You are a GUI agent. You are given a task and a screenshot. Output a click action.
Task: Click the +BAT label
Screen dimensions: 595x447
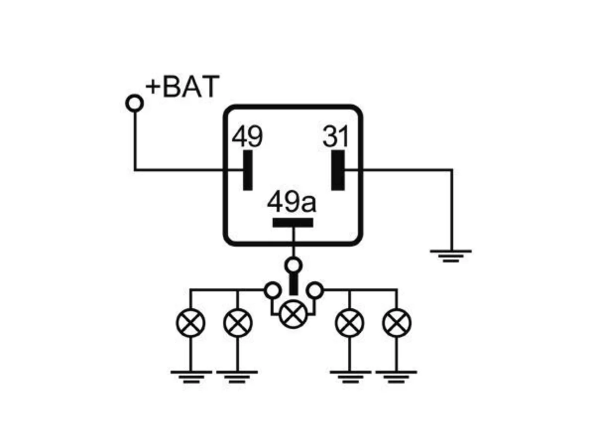[x=182, y=86]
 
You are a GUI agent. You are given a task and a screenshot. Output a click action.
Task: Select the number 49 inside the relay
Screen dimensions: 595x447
[x=247, y=136]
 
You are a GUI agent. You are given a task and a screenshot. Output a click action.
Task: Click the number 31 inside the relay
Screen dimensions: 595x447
[x=335, y=136]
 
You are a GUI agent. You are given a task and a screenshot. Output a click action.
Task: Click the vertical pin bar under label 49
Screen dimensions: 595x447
[x=248, y=170]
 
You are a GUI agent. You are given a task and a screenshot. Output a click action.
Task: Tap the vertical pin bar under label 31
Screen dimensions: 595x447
[x=338, y=170]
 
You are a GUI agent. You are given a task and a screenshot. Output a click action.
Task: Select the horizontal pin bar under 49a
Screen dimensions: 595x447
[x=293, y=223]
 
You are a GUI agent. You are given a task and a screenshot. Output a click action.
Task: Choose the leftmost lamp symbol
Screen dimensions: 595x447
[x=191, y=323]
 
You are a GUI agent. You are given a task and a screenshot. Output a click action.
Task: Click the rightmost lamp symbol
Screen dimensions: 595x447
[x=397, y=323]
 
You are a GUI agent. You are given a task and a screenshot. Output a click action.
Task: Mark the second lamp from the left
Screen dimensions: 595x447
[x=238, y=323]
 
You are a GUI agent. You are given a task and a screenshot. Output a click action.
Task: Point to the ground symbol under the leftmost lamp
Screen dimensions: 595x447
[x=191, y=377]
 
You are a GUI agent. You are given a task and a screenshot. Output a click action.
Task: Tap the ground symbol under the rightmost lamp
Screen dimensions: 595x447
[x=396, y=377]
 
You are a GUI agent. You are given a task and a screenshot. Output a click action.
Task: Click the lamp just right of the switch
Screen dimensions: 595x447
[x=350, y=323]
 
